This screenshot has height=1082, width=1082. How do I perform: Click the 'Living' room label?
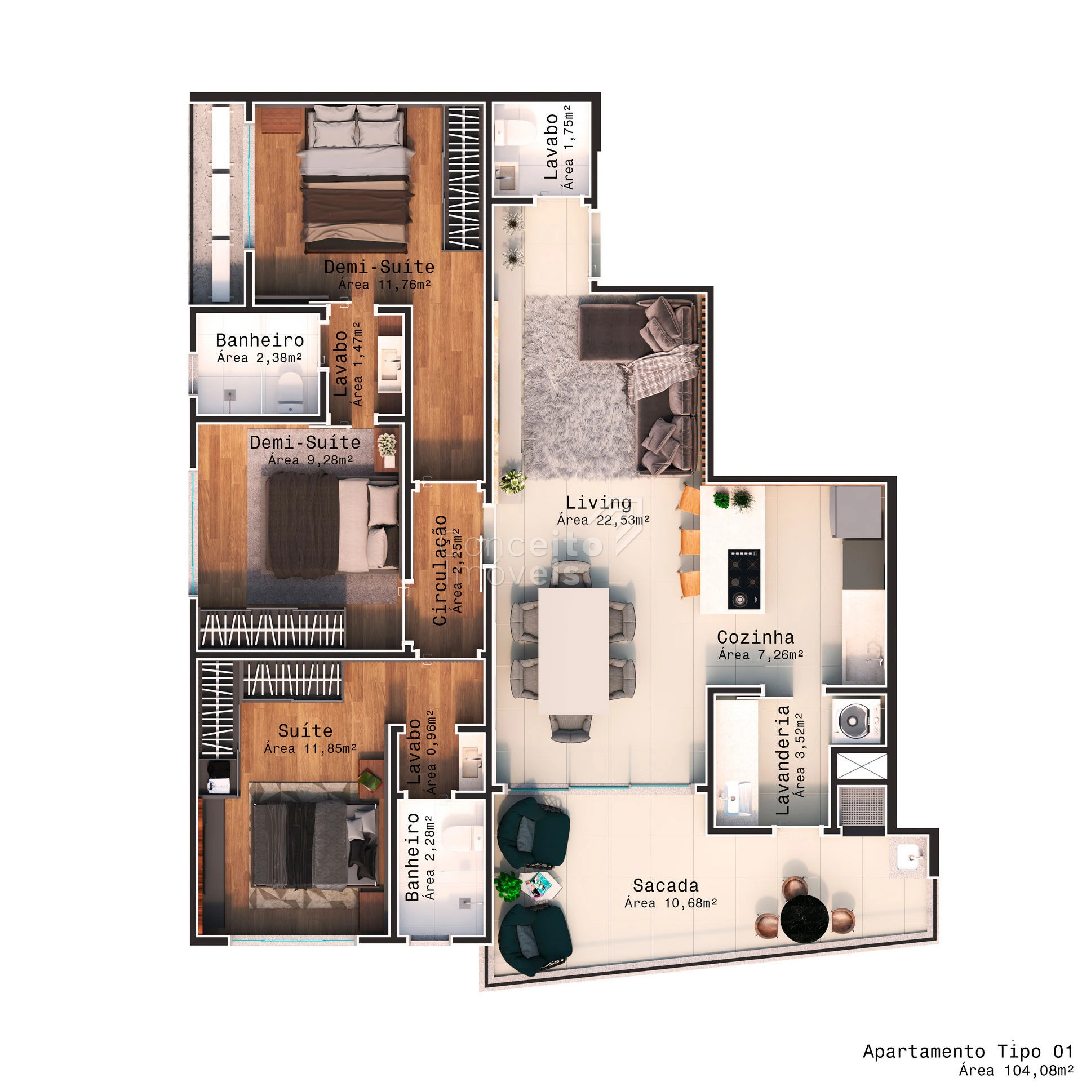click(598, 502)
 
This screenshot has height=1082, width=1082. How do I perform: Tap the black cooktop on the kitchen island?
click(743, 579)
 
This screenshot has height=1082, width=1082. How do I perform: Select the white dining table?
click(574, 651)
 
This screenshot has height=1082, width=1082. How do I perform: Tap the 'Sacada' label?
click(666, 885)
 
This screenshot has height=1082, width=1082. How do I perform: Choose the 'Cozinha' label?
click(755, 637)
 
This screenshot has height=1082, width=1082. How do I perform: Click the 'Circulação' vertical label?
click(440, 570)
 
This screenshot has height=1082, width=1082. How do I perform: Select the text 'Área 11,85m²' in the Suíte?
click(311, 748)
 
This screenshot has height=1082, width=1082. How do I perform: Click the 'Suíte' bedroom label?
click(305, 731)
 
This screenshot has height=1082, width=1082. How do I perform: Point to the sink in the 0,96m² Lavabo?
click(471, 761)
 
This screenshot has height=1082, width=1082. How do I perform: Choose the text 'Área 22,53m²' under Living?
click(604, 520)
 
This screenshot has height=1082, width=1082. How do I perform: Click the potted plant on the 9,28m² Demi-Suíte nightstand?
click(387, 446)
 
